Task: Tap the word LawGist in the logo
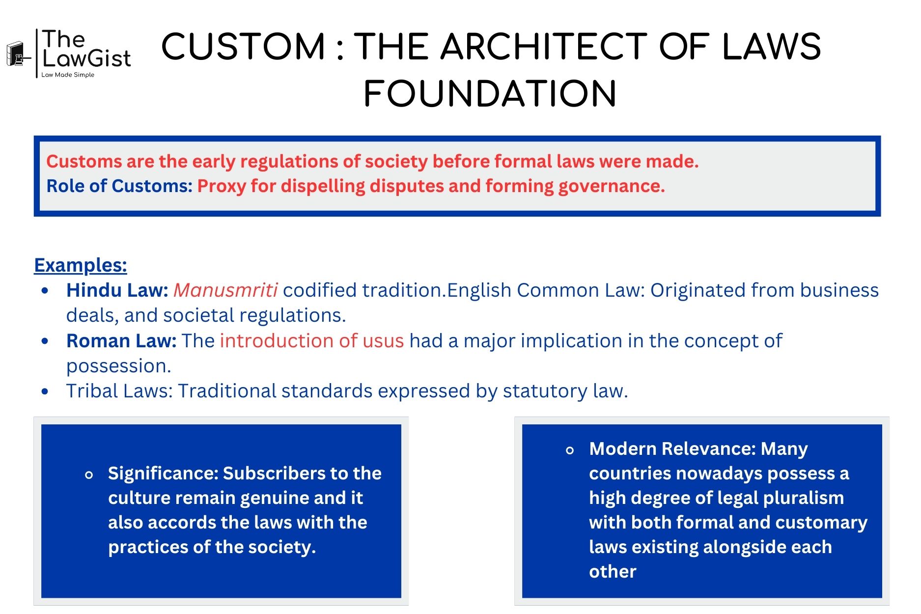[87, 58]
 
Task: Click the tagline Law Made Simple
[68, 75]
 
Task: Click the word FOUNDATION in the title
[490, 94]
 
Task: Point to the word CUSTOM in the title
[244, 47]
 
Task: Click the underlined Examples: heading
[81, 265]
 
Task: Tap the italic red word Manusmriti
[225, 290]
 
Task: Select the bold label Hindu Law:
[117, 290]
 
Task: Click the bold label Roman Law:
[121, 340]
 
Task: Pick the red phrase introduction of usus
[312, 340]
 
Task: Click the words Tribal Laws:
[119, 391]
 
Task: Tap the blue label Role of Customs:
[119, 186]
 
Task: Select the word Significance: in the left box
[163, 474]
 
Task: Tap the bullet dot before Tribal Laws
[45, 391]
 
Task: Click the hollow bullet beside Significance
[89, 475]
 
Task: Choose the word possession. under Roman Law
[119, 366]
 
